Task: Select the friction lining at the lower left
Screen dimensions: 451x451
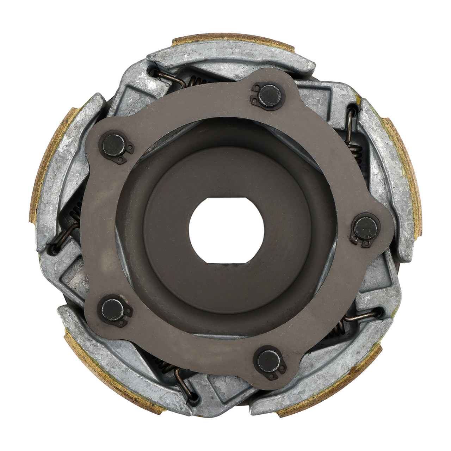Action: pyautogui.click(x=106, y=381)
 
